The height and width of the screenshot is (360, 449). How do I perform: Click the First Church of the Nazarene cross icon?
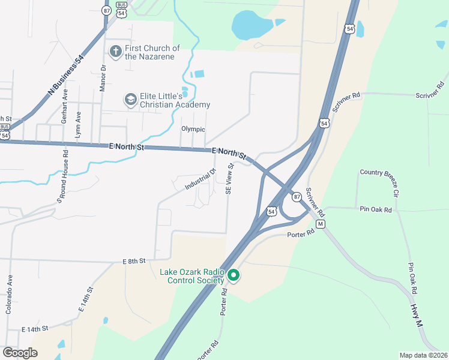click(116, 52)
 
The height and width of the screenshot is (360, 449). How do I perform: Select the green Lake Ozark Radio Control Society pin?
click(234, 275)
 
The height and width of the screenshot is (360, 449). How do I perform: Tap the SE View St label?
click(229, 179)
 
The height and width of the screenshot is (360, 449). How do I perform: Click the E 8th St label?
click(134, 261)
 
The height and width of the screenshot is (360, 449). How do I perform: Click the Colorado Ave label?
click(9, 295)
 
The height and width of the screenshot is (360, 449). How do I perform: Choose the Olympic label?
click(193, 129)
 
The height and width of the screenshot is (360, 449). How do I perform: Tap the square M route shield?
click(321, 224)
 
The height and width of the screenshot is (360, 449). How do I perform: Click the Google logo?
click(20, 353)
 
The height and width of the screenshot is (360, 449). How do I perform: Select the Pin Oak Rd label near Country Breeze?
click(376, 210)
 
